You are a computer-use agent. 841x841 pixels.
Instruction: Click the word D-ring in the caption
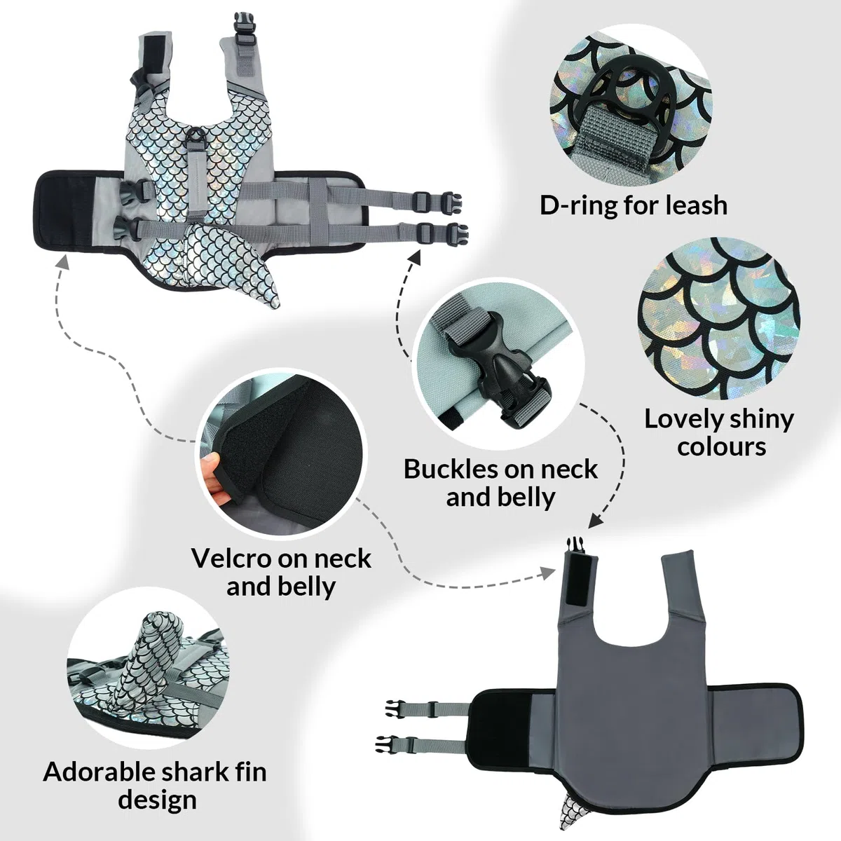pos(579,205)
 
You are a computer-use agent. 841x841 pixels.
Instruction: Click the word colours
pos(721,447)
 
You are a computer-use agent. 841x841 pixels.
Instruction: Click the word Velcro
pos(238,558)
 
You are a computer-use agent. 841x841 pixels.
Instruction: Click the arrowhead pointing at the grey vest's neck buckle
pos(595,521)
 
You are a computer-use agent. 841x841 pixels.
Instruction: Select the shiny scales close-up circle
pos(719,318)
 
